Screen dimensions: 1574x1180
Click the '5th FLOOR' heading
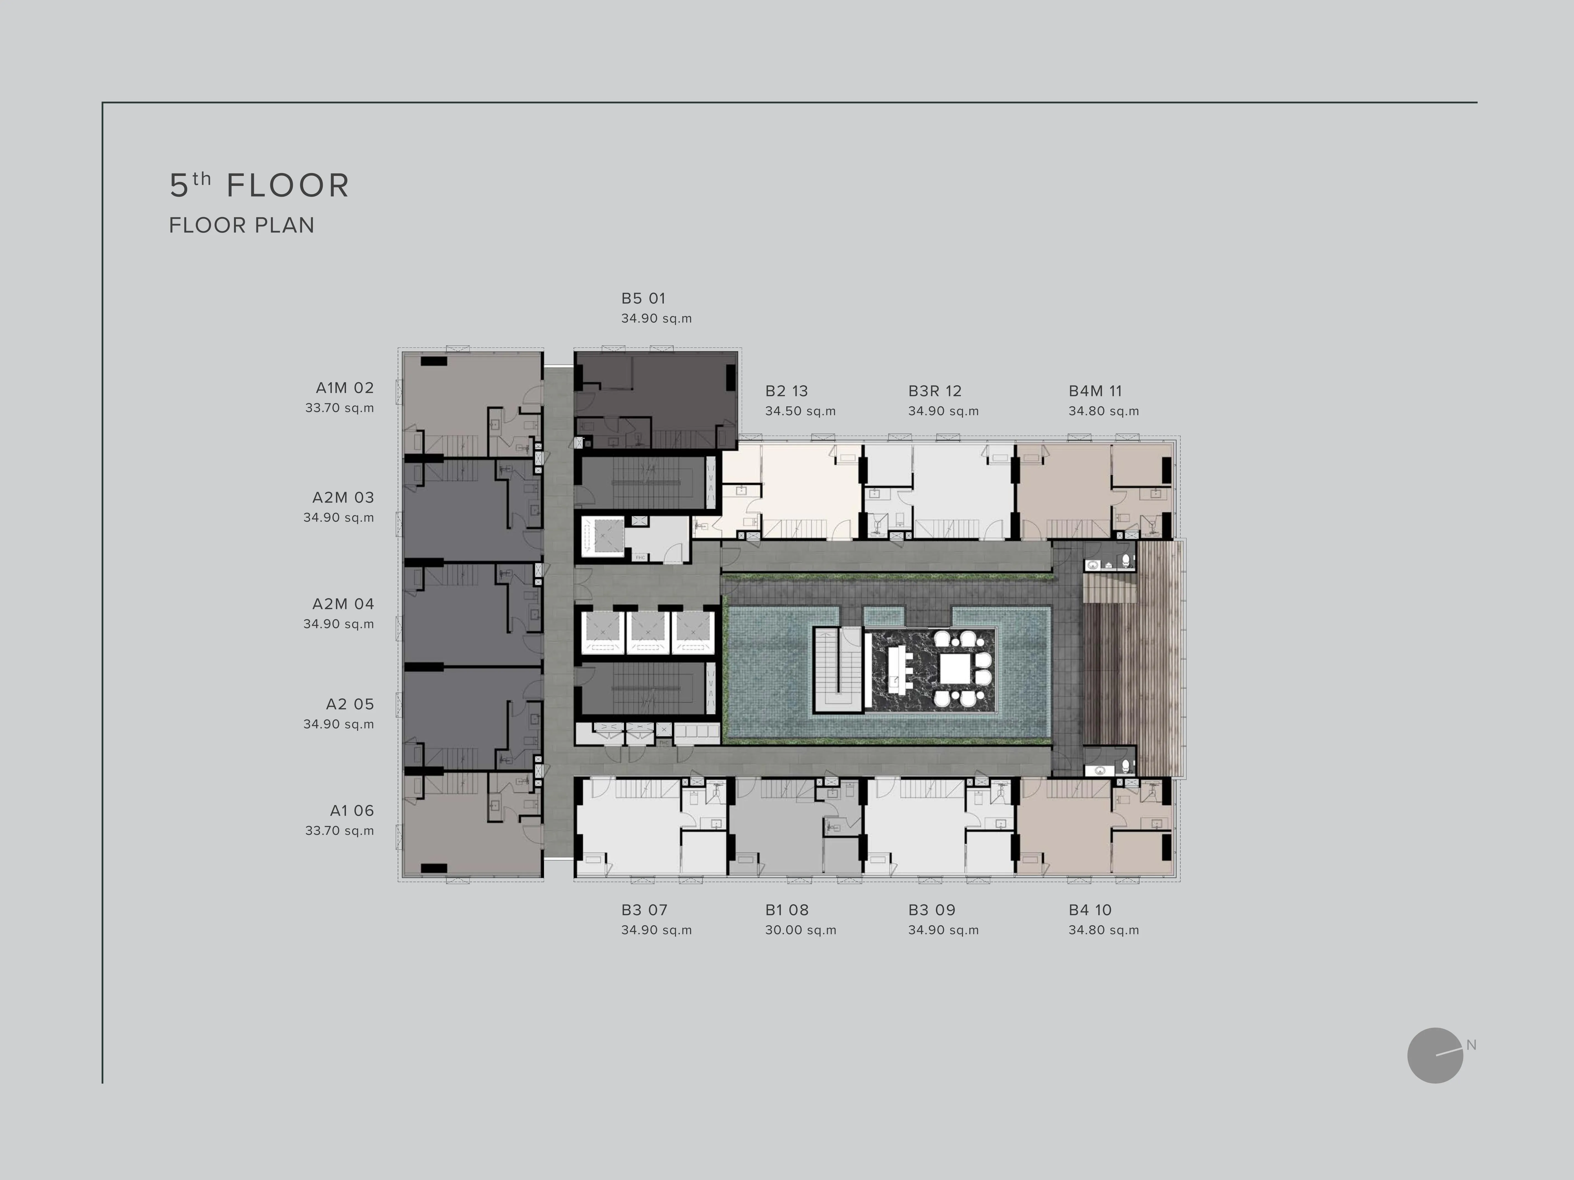259,185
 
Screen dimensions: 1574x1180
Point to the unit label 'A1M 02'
344,388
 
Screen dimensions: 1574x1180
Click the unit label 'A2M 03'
343,498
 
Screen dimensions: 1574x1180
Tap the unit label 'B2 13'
786,391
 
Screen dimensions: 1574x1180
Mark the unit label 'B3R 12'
934,391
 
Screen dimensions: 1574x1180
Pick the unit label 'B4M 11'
1095,391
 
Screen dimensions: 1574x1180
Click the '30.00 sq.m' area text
800,930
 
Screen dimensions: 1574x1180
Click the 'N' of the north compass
1471,1045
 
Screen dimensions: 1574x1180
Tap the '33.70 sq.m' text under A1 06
339,831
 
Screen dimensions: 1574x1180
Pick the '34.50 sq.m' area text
800,411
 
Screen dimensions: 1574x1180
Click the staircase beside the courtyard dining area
838,669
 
